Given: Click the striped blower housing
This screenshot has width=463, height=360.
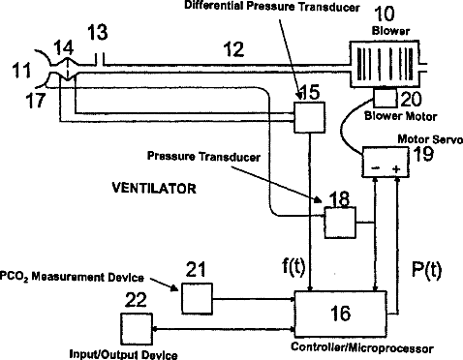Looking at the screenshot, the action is pyautogui.click(x=385, y=64).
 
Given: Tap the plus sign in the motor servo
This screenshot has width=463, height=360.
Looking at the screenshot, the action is pyautogui.click(x=396, y=168).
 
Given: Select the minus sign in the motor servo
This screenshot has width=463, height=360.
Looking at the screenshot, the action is pyautogui.click(x=376, y=168).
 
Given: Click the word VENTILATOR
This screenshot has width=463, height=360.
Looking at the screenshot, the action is pyautogui.click(x=154, y=188).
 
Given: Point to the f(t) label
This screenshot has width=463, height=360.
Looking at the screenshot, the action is pyautogui.click(x=293, y=267).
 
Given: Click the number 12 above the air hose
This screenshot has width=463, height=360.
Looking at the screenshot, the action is pyautogui.click(x=233, y=49).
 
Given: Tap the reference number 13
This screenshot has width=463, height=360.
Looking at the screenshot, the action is pyautogui.click(x=98, y=33).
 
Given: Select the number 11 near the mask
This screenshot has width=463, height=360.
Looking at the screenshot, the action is pyautogui.click(x=22, y=71).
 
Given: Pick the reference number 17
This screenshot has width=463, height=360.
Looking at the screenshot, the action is pyautogui.click(x=36, y=100).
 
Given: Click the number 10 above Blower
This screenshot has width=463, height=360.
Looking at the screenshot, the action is pyautogui.click(x=385, y=14).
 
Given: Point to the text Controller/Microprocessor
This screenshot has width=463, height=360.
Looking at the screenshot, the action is pyautogui.click(x=362, y=347).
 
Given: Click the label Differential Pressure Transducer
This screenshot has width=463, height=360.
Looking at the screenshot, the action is pyautogui.click(x=272, y=7).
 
